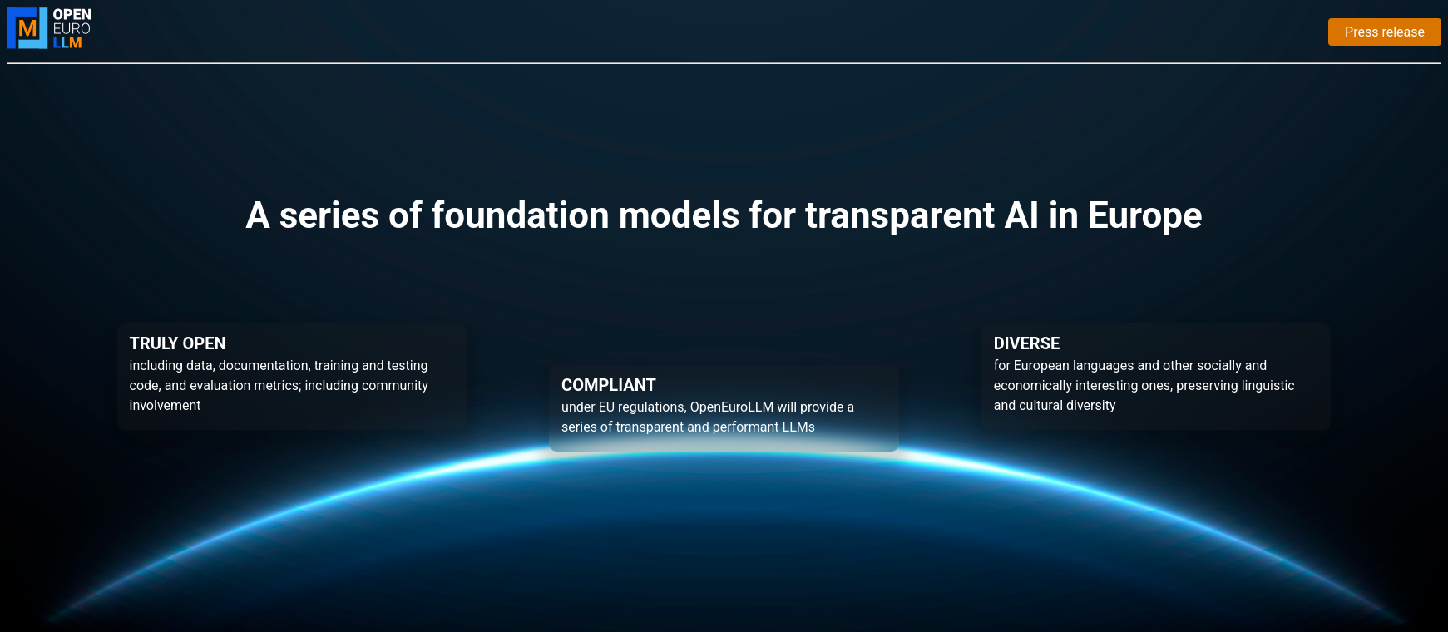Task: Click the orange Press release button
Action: coord(1384,32)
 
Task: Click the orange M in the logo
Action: coord(27,29)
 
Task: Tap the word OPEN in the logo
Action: coord(72,14)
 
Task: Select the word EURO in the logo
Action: coord(72,28)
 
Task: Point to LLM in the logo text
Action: coord(67,42)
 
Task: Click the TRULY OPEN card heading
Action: coord(177,343)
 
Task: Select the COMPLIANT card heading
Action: coord(608,385)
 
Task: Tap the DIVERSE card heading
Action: coord(1026,343)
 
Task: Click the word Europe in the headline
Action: coord(1144,215)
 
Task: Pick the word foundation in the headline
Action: coord(520,215)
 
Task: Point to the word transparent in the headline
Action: coord(899,215)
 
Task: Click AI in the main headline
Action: coord(1021,215)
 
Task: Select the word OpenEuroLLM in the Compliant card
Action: coord(732,407)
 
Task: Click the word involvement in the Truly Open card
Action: coord(165,405)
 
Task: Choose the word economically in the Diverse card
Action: coord(1032,385)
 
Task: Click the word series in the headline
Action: coord(329,215)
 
